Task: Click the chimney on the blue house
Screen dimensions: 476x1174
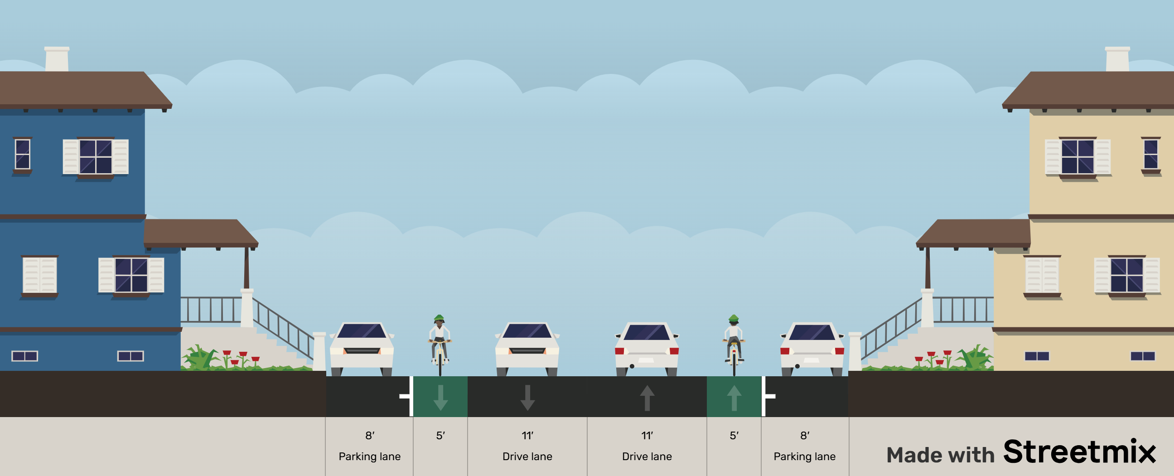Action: pos(57,59)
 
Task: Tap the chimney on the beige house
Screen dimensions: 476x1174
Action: pos(1117,59)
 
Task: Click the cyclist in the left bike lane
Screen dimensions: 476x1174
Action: pos(440,342)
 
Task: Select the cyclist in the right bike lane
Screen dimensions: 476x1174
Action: pos(734,342)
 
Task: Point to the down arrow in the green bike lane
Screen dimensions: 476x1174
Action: pos(440,398)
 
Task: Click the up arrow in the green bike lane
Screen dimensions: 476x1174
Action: pos(734,398)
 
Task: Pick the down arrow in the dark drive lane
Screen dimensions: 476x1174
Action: pos(527,398)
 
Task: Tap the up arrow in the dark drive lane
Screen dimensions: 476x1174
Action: pos(647,398)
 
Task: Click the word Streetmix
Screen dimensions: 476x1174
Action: pos(1079,452)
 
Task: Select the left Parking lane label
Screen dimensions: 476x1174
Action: pos(370,457)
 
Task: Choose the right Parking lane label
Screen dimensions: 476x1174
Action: pos(804,457)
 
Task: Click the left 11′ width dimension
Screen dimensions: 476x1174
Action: pos(527,435)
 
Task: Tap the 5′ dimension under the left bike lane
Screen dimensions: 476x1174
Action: pos(440,435)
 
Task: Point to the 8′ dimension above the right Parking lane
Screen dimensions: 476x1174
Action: pos(804,435)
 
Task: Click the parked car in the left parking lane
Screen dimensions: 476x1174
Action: pos(362,349)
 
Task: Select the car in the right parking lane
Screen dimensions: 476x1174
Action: pos(812,349)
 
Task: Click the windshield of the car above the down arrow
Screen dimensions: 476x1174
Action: pos(527,330)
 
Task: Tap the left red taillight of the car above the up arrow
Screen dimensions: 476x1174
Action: pos(619,351)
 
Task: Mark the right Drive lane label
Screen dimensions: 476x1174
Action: pos(647,457)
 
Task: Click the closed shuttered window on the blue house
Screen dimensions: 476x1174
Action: pos(40,275)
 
